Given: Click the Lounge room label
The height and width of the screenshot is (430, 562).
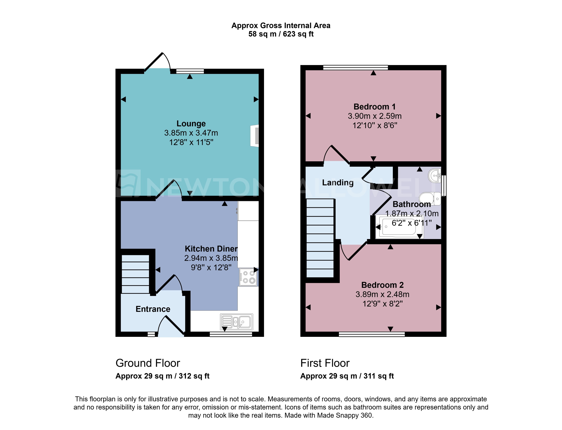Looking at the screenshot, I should tap(191, 123).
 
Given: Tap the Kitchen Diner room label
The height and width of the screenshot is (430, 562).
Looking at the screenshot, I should tap(211, 248).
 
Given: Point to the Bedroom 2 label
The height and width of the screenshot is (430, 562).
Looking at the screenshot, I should tap(382, 285).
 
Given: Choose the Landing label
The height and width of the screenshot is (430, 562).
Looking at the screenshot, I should tap(338, 183).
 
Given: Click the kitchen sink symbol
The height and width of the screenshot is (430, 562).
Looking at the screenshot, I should tap(236, 322).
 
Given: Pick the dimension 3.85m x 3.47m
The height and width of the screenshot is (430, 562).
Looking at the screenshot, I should tap(191, 133).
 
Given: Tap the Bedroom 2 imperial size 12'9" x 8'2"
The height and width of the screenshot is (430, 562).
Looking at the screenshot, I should tap(382, 304).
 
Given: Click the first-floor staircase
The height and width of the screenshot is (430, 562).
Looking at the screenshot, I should tap(320, 238).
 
